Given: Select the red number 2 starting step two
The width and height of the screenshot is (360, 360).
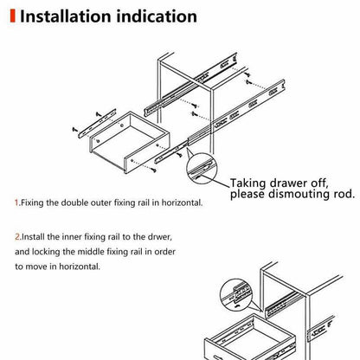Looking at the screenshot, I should point(16,235).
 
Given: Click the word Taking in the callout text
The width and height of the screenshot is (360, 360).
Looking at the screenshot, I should point(250,183).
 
